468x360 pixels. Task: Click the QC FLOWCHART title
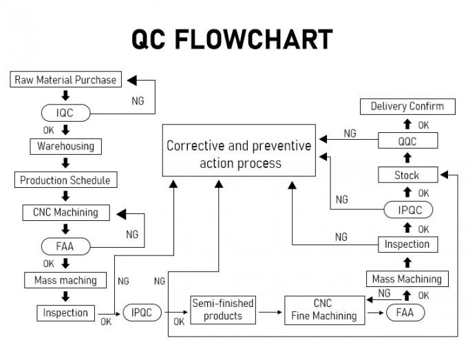click(232, 40)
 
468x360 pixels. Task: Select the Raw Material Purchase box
click(65, 80)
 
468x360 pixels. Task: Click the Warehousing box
click(65, 147)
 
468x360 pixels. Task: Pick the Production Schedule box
click(65, 180)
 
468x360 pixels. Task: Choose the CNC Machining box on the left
click(65, 213)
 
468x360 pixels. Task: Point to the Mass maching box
click(65, 280)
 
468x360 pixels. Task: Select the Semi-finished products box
click(222, 309)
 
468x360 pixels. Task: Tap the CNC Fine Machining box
click(323, 309)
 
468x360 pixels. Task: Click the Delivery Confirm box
click(407, 106)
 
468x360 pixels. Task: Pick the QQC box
click(407, 140)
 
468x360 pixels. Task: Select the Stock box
click(407, 175)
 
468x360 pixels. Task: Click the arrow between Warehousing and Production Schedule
click(65, 164)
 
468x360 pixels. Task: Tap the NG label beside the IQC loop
click(138, 100)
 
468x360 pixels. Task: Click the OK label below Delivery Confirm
click(423, 125)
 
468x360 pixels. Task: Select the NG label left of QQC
click(350, 134)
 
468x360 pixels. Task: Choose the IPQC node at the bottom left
click(142, 313)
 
